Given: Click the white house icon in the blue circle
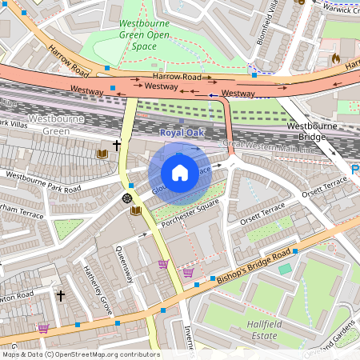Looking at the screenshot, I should pyautogui.click(x=180, y=172).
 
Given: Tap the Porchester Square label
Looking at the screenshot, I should pyautogui.click(x=190, y=212).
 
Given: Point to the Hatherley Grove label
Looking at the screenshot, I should pyautogui.click(x=98, y=292).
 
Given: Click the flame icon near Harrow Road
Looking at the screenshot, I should pyautogui.click(x=335, y=59).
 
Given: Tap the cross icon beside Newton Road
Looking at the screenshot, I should pyautogui.click(x=60, y=296).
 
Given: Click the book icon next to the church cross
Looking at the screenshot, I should pyautogui.click(x=102, y=153).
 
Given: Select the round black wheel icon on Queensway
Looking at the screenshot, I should pyautogui.click(x=126, y=198).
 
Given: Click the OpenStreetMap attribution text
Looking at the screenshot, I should pyautogui.click(x=81, y=354).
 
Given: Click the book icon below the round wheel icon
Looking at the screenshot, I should pyautogui.click(x=136, y=210).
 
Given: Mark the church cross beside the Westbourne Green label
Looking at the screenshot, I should pyautogui.click(x=117, y=146).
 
